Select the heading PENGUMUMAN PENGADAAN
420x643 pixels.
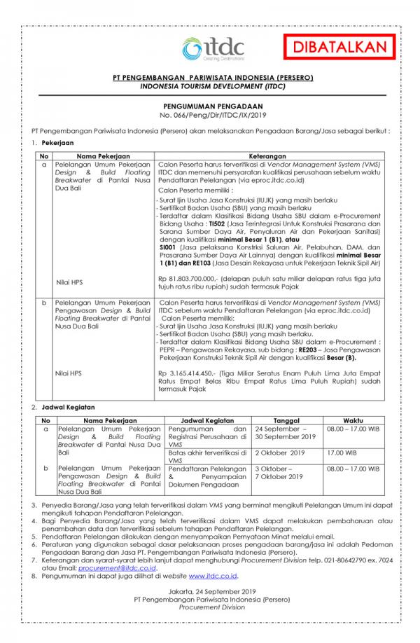(x=210, y=102)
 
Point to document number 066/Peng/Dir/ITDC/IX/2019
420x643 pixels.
(x=210, y=112)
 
